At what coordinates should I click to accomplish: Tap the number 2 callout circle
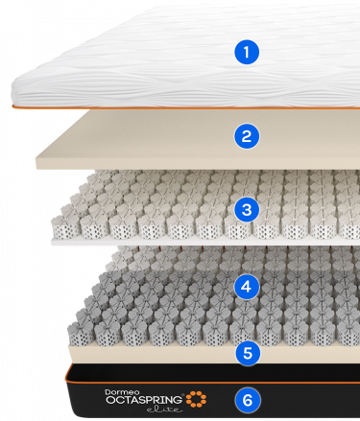[247, 135]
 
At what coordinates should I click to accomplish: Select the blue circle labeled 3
[247, 208]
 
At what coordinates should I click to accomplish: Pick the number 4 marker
[247, 285]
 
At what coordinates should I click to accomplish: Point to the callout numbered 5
[247, 352]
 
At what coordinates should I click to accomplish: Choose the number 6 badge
[247, 398]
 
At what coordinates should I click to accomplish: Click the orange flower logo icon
[196, 398]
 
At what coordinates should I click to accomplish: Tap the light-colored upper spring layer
[144, 206]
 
